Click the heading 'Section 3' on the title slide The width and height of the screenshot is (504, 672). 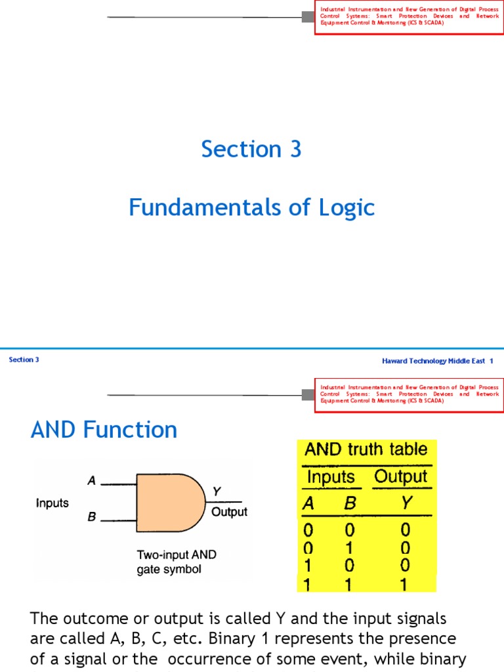251,150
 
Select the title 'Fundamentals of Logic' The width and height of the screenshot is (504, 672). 251,208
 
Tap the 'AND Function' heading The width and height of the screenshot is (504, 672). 104,430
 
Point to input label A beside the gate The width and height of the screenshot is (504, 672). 92,481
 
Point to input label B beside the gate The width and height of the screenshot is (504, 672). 92,517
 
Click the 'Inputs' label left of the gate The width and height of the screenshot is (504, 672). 52,503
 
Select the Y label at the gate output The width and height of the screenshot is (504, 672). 217,492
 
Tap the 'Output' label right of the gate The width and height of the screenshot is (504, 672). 229,512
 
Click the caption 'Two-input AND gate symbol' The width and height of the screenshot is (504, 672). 176,562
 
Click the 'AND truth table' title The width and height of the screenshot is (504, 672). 366,450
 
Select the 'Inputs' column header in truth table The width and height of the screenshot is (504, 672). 331,477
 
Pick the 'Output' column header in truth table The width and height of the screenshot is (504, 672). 400,477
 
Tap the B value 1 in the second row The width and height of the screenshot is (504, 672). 349,547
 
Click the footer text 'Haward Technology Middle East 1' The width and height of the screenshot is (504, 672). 437,361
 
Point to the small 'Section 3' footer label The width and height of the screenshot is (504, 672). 24,360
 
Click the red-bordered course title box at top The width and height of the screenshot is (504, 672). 409,16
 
